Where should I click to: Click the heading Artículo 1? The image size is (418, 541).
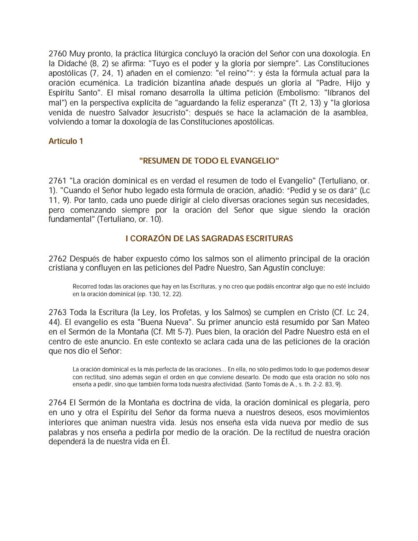(66, 141)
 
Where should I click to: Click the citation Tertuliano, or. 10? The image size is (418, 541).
(129, 220)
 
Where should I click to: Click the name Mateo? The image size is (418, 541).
(357, 322)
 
